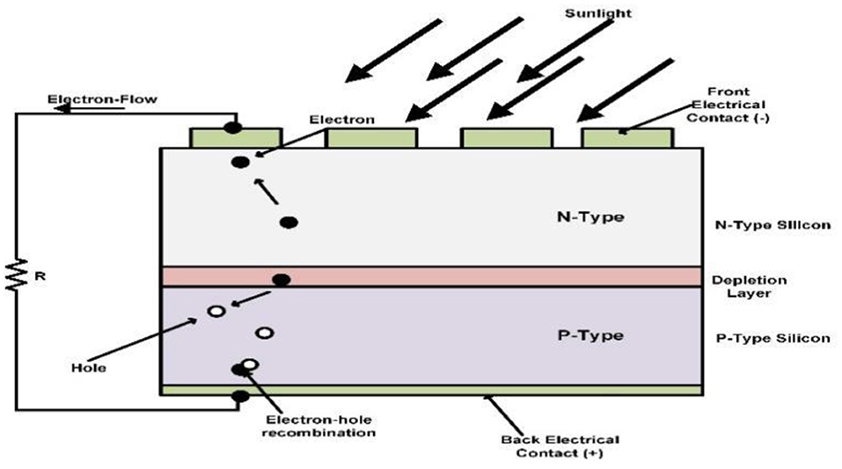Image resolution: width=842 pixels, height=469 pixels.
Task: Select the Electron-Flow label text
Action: click(x=103, y=99)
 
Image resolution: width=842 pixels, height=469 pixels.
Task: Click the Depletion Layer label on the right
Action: click(x=748, y=287)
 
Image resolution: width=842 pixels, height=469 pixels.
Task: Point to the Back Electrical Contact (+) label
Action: click(x=560, y=446)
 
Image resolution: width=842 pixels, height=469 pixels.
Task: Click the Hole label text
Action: click(x=90, y=367)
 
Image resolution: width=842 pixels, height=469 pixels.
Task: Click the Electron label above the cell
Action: click(x=341, y=120)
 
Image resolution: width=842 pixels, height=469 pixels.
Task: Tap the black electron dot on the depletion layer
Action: click(x=282, y=280)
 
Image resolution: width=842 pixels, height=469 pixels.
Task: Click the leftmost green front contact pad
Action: click(x=236, y=138)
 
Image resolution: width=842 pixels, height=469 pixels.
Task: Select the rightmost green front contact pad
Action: click(x=627, y=138)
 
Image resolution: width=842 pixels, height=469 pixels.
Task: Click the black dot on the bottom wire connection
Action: click(x=238, y=398)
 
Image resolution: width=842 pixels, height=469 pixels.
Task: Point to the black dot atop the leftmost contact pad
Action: click(x=232, y=128)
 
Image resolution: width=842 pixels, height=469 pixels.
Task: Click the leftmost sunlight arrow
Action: click(x=392, y=49)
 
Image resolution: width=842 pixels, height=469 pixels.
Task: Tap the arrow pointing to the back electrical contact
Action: click(x=500, y=412)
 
